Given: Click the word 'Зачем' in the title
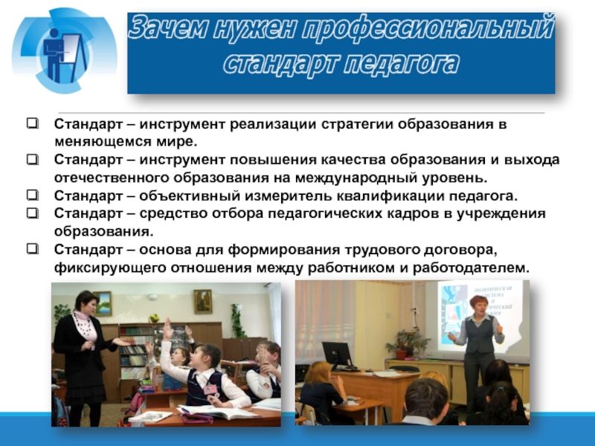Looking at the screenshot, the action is [170, 27].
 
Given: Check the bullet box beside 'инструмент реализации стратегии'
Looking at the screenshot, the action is [33, 123].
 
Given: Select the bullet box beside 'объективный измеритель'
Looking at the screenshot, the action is [33, 195].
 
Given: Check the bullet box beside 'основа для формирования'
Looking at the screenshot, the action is [33, 249].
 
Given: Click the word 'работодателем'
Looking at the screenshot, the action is [471, 268].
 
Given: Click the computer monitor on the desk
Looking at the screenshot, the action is [337, 354].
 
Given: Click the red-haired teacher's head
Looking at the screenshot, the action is [479, 306].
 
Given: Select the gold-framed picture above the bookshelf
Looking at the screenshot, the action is [203, 301].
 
